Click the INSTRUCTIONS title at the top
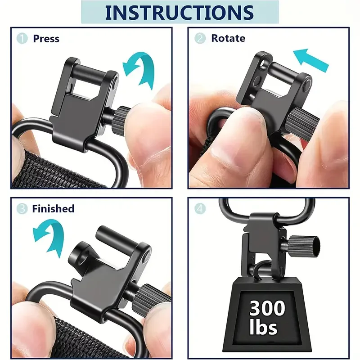tap(179, 13)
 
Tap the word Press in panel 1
tap(46, 39)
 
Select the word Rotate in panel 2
tap(228, 38)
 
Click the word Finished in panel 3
tap(53, 209)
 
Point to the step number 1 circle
tap(22, 38)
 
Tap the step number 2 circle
tap(200, 38)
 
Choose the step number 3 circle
tap(22, 209)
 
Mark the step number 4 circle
tap(200, 209)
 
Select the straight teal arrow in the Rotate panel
tap(311, 60)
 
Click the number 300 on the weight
tap(267, 308)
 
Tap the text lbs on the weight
tap(263, 327)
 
